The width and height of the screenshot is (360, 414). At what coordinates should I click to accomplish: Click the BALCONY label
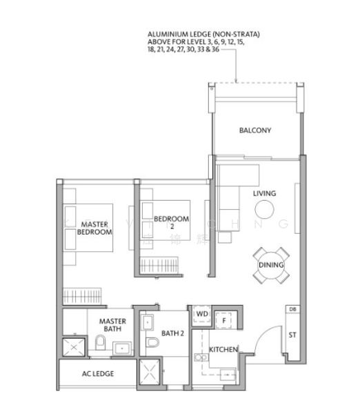[x=255, y=130]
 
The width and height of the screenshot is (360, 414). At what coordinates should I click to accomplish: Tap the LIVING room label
[x=264, y=193]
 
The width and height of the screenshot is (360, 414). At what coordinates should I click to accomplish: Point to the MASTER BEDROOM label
[x=95, y=228]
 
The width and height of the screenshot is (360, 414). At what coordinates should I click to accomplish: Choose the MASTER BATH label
[x=111, y=325]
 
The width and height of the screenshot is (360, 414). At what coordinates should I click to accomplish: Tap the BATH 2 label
[x=172, y=333]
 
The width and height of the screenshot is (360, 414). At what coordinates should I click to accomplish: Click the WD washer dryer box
[x=202, y=314]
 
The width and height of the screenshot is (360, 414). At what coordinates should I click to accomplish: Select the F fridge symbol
[x=224, y=320]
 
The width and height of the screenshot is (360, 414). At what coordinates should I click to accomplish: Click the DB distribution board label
[x=292, y=309]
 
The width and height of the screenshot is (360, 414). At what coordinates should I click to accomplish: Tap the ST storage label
[x=292, y=336]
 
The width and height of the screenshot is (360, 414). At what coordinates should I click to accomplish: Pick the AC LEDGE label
[x=97, y=373]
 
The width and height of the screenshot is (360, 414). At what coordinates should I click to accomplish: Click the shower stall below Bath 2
[x=148, y=373]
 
